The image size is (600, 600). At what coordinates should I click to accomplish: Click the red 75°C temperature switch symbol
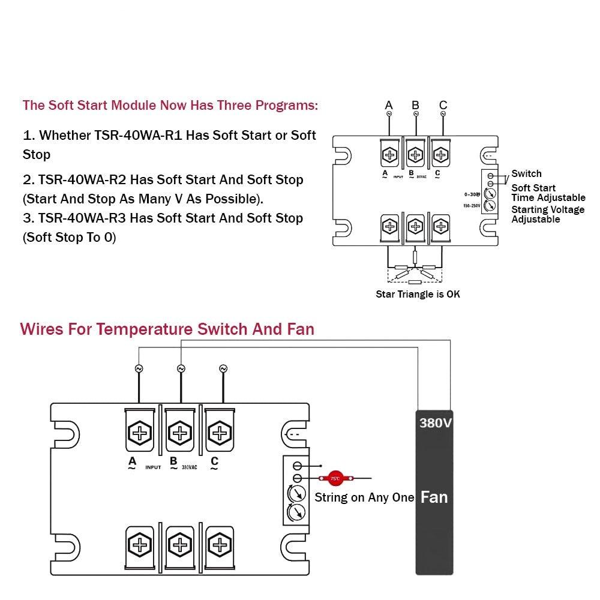(335, 478)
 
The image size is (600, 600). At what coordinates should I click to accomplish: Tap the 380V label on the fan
(435, 423)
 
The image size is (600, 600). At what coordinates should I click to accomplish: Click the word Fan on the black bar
(434, 497)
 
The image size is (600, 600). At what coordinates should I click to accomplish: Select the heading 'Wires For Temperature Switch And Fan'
(167, 329)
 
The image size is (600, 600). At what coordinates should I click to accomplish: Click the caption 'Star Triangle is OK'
(418, 294)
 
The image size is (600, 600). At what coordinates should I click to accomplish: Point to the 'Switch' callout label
(526, 174)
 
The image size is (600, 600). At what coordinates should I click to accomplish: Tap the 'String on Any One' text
(364, 497)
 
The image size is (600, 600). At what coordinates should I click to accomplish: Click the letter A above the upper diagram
(389, 106)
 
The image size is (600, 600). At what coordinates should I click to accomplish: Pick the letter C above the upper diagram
(443, 106)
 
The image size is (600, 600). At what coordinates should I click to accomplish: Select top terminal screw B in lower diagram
(179, 432)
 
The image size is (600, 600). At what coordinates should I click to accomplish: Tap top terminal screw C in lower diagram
(220, 432)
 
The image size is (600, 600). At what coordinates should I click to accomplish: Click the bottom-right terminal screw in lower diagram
(220, 545)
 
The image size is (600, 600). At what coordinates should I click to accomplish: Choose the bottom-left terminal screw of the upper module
(390, 227)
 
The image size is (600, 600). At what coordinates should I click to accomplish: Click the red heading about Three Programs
(170, 106)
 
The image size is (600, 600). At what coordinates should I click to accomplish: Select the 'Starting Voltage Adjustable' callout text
(548, 214)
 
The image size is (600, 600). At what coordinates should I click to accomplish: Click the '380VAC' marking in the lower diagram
(189, 467)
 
